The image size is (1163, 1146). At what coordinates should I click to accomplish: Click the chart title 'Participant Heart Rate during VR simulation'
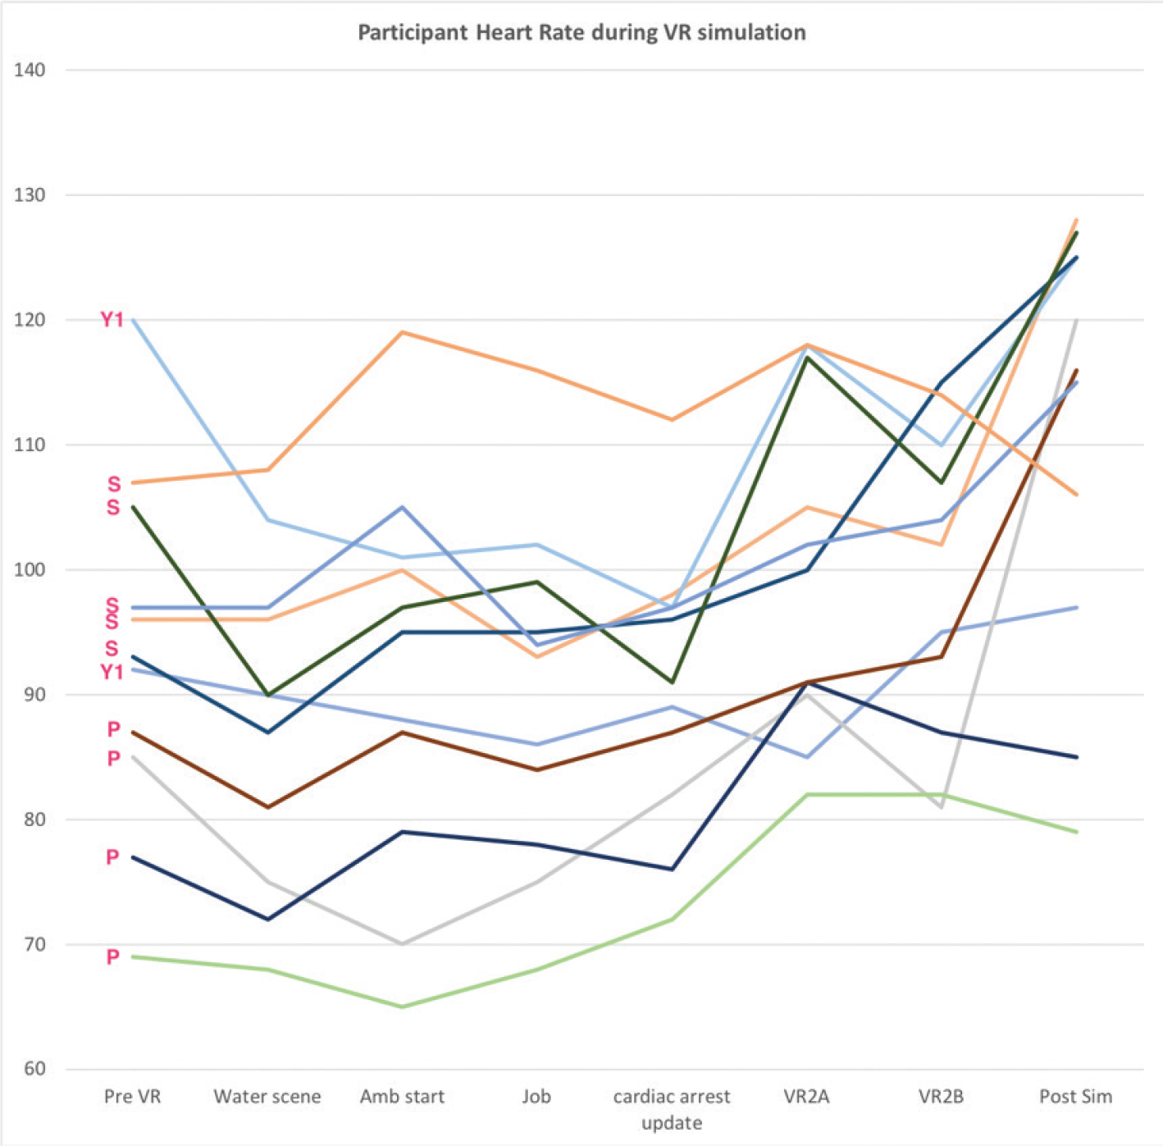581,33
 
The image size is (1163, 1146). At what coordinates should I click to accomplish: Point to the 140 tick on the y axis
30,71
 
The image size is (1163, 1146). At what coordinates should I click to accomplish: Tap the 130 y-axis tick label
30,195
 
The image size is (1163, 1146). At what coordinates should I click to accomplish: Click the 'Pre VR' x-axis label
132,1097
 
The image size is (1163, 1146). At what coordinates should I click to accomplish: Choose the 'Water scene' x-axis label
267,1097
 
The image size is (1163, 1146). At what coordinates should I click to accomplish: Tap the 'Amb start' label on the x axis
402,1097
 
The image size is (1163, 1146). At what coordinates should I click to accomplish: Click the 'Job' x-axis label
536,1097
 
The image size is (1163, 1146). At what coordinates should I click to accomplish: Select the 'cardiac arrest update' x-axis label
672,1109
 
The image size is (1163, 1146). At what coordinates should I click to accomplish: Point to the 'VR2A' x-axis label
806,1097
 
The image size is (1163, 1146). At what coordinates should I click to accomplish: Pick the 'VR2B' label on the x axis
941,1097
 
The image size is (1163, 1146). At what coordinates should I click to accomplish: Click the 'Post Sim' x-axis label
1075,1097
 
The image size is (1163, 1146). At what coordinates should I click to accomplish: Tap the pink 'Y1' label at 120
112,319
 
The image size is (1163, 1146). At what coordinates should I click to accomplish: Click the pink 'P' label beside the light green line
113,957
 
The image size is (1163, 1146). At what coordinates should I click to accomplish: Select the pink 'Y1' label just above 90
112,672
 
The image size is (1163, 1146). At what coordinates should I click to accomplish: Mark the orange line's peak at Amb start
402,332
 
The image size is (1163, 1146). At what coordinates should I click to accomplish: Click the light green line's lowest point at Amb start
402,1007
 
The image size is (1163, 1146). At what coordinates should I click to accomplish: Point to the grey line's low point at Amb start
402,944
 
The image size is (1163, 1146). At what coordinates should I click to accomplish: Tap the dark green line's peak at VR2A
806,358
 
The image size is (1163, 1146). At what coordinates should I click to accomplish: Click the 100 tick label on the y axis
30,570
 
